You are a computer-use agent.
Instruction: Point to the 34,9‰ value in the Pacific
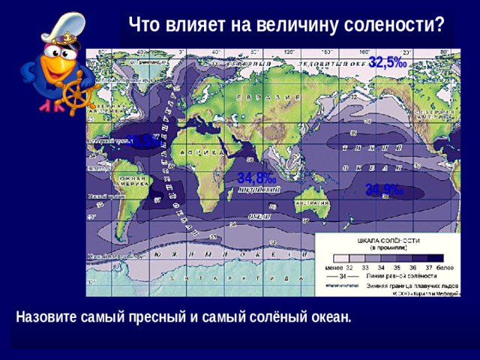[x=385, y=190]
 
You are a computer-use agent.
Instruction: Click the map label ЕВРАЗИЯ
[x=256, y=98]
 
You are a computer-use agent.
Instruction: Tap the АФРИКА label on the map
[x=201, y=152]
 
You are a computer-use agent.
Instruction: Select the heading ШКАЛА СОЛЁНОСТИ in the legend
[x=388, y=239]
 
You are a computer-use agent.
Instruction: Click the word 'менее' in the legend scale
[x=334, y=267]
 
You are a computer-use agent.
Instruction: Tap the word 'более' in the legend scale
[x=443, y=267]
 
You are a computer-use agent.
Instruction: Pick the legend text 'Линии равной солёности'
[x=397, y=276]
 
